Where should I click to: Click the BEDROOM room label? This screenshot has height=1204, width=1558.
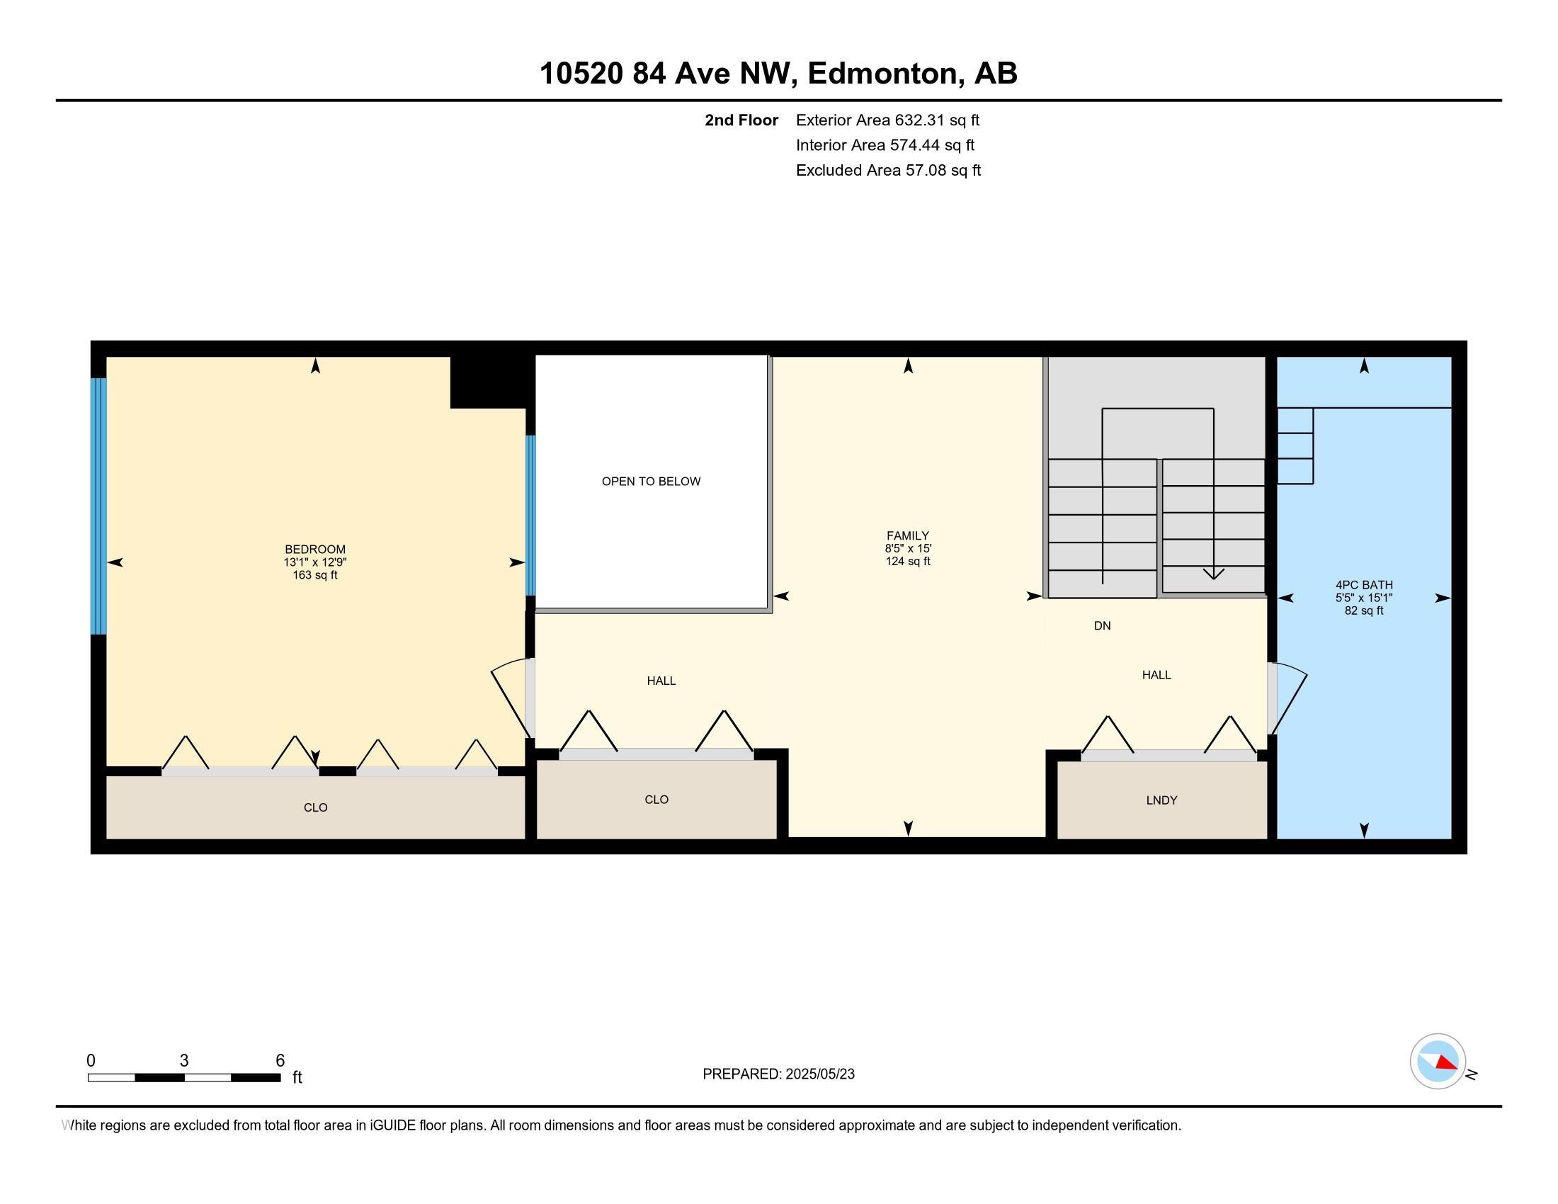pos(314,549)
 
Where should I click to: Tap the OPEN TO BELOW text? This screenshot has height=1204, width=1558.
pos(651,482)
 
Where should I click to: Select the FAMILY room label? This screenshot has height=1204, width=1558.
pos(907,535)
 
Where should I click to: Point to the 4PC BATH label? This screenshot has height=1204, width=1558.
pos(1364,585)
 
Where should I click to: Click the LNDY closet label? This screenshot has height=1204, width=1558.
pos(1161,800)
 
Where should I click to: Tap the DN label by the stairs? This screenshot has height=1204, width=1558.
pos(1102,625)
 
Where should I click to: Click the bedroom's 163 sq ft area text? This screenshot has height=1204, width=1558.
pos(314,575)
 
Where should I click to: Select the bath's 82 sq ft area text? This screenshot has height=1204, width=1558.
pos(1364,610)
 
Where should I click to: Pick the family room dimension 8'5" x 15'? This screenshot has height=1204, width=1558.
pos(908,548)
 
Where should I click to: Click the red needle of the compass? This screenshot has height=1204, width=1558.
pos(1446,1063)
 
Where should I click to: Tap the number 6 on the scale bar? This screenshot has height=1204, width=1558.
pos(280,1061)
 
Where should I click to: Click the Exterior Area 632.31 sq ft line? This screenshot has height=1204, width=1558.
pos(887,120)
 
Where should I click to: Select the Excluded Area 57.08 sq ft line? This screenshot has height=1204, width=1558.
pos(888,170)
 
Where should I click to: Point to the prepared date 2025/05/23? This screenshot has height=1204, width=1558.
pos(819,1074)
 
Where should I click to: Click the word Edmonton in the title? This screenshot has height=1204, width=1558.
pos(882,74)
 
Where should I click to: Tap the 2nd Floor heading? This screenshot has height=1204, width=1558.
pos(741,120)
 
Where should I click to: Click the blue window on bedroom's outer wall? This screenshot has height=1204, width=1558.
pos(99,506)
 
